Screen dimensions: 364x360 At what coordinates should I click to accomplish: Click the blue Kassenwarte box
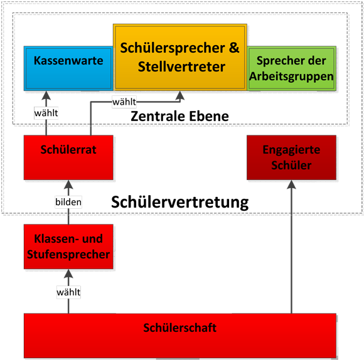(68, 68)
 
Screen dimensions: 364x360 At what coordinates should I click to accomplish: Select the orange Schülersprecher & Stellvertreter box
(180, 57)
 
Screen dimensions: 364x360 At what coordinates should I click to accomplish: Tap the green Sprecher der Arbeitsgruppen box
(292, 68)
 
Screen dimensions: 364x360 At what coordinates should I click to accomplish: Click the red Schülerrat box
(68, 157)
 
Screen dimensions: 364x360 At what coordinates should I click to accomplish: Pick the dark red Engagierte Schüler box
(291, 157)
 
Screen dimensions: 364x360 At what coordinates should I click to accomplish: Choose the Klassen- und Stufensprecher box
(68, 246)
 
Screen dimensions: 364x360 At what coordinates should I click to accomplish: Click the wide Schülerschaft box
(180, 336)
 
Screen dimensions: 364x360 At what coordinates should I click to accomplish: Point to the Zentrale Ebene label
(179, 116)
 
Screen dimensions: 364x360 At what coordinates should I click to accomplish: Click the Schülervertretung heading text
(180, 203)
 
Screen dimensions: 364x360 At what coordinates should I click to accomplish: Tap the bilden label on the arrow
(68, 202)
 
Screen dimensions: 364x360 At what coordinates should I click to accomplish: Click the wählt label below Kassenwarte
(46, 113)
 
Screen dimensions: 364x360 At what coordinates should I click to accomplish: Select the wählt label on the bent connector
(124, 102)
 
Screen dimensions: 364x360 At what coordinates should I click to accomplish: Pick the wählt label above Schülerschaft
(68, 292)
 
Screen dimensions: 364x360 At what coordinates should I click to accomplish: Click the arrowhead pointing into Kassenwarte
(46, 95)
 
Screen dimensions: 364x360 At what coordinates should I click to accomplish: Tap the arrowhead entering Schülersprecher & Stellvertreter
(180, 95)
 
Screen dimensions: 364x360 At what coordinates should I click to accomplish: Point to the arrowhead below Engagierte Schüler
(291, 184)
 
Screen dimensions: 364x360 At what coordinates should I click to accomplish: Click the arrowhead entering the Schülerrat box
(68, 184)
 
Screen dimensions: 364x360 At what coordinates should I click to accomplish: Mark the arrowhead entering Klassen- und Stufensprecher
(68, 273)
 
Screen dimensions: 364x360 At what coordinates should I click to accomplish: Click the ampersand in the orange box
(234, 48)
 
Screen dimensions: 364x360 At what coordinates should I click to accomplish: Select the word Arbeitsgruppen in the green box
(291, 77)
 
